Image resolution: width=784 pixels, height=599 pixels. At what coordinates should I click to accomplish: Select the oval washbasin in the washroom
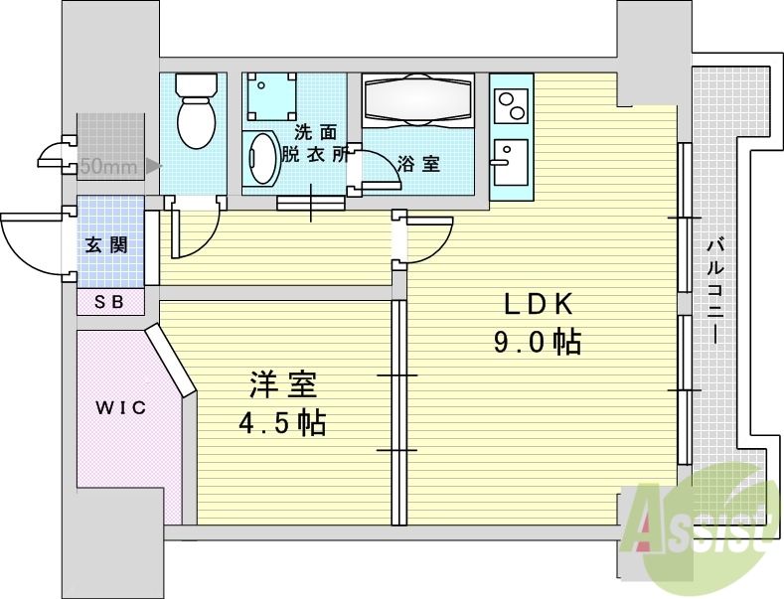pyautogui.click(x=262, y=159)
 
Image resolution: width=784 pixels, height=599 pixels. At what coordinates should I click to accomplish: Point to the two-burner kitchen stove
pyautogui.click(x=513, y=104)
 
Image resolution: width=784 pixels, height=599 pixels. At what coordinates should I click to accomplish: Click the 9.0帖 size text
pyautogui.click(x=537, y=343)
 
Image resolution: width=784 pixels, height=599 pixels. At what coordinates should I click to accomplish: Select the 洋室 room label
pyautogui.click(x=282, y=383)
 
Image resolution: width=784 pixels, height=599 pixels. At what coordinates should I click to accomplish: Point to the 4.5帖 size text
pyautogui.click(x=282, y=423)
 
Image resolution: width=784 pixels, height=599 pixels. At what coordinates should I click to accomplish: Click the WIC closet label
pyautogui.click(x=120, y=408)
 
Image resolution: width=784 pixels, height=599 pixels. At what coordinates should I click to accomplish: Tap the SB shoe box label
pyautogui.click(x=109, y=302)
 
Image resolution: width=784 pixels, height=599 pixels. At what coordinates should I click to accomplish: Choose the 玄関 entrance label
pyautogui.click(x=107, y=245)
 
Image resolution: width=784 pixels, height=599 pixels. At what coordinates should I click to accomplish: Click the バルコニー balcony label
pyautogui.click(x=715, y=288)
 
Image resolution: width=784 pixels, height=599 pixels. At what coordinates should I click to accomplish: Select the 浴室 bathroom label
pyautogui.click(x=418, y=164)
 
